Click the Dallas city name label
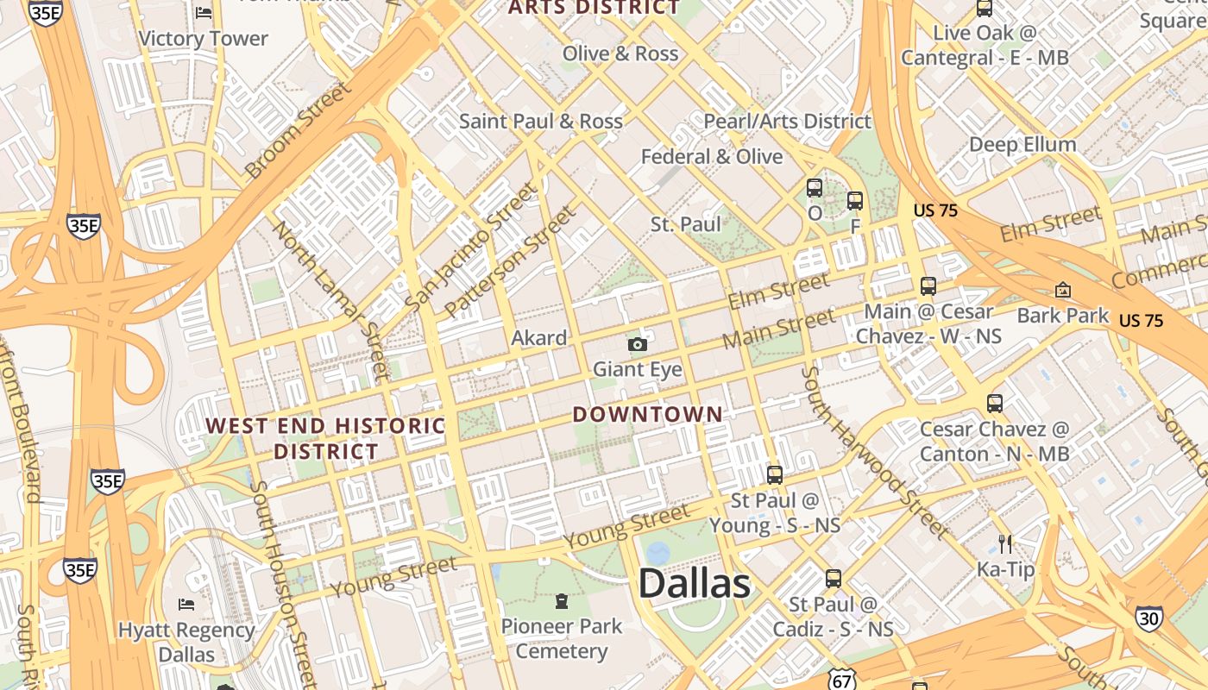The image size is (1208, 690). point(695,584)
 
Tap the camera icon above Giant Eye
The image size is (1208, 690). point(638,345)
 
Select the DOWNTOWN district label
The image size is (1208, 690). point(648,414)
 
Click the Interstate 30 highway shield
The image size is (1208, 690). point(1148,618)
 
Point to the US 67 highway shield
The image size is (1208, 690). point(841,681)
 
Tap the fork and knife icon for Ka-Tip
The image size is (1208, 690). point(1004,543)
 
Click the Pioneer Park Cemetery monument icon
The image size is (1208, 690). point(562,600)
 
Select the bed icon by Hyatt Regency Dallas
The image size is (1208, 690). point(186,604)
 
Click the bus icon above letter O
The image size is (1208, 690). point(815,188)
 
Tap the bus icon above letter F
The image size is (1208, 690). point(855,201)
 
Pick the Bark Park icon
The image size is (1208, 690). point(1062,291)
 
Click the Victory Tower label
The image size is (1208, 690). point(203,39)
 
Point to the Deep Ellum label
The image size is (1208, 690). point(1022,144)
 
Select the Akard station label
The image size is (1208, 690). point(539,337)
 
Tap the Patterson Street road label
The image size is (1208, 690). point(509,260)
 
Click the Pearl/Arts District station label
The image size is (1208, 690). point(787,122)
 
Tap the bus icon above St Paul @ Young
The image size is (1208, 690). point(775,474)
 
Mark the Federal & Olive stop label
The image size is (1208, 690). point(712,157)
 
